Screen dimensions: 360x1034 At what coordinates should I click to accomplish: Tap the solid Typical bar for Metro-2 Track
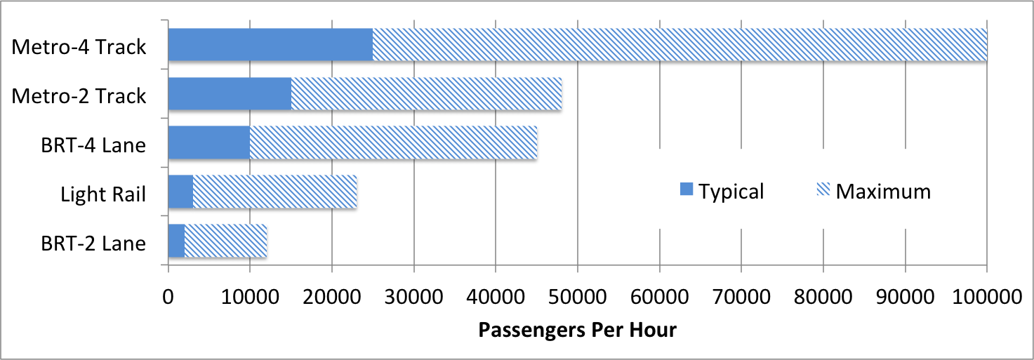230,94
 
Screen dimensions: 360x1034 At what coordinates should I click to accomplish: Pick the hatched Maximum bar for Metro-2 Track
426,94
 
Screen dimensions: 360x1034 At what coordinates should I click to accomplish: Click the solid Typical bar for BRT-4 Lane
209,143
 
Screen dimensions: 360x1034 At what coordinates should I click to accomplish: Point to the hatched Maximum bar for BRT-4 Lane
393,143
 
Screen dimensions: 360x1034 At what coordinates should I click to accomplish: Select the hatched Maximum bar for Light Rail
274,192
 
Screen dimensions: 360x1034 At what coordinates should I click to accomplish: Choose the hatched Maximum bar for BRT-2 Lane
225,241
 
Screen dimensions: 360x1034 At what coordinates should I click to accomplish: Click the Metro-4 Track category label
79,47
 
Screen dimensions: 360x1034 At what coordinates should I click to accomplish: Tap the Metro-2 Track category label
79,96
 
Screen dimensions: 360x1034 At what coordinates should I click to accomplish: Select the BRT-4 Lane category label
93,145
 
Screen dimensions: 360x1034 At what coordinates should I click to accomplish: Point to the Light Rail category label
103,194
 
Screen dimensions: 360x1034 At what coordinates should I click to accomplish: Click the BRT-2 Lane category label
93,243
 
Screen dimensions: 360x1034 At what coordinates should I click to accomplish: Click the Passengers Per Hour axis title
577,330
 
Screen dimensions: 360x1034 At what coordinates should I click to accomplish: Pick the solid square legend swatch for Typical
686,189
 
